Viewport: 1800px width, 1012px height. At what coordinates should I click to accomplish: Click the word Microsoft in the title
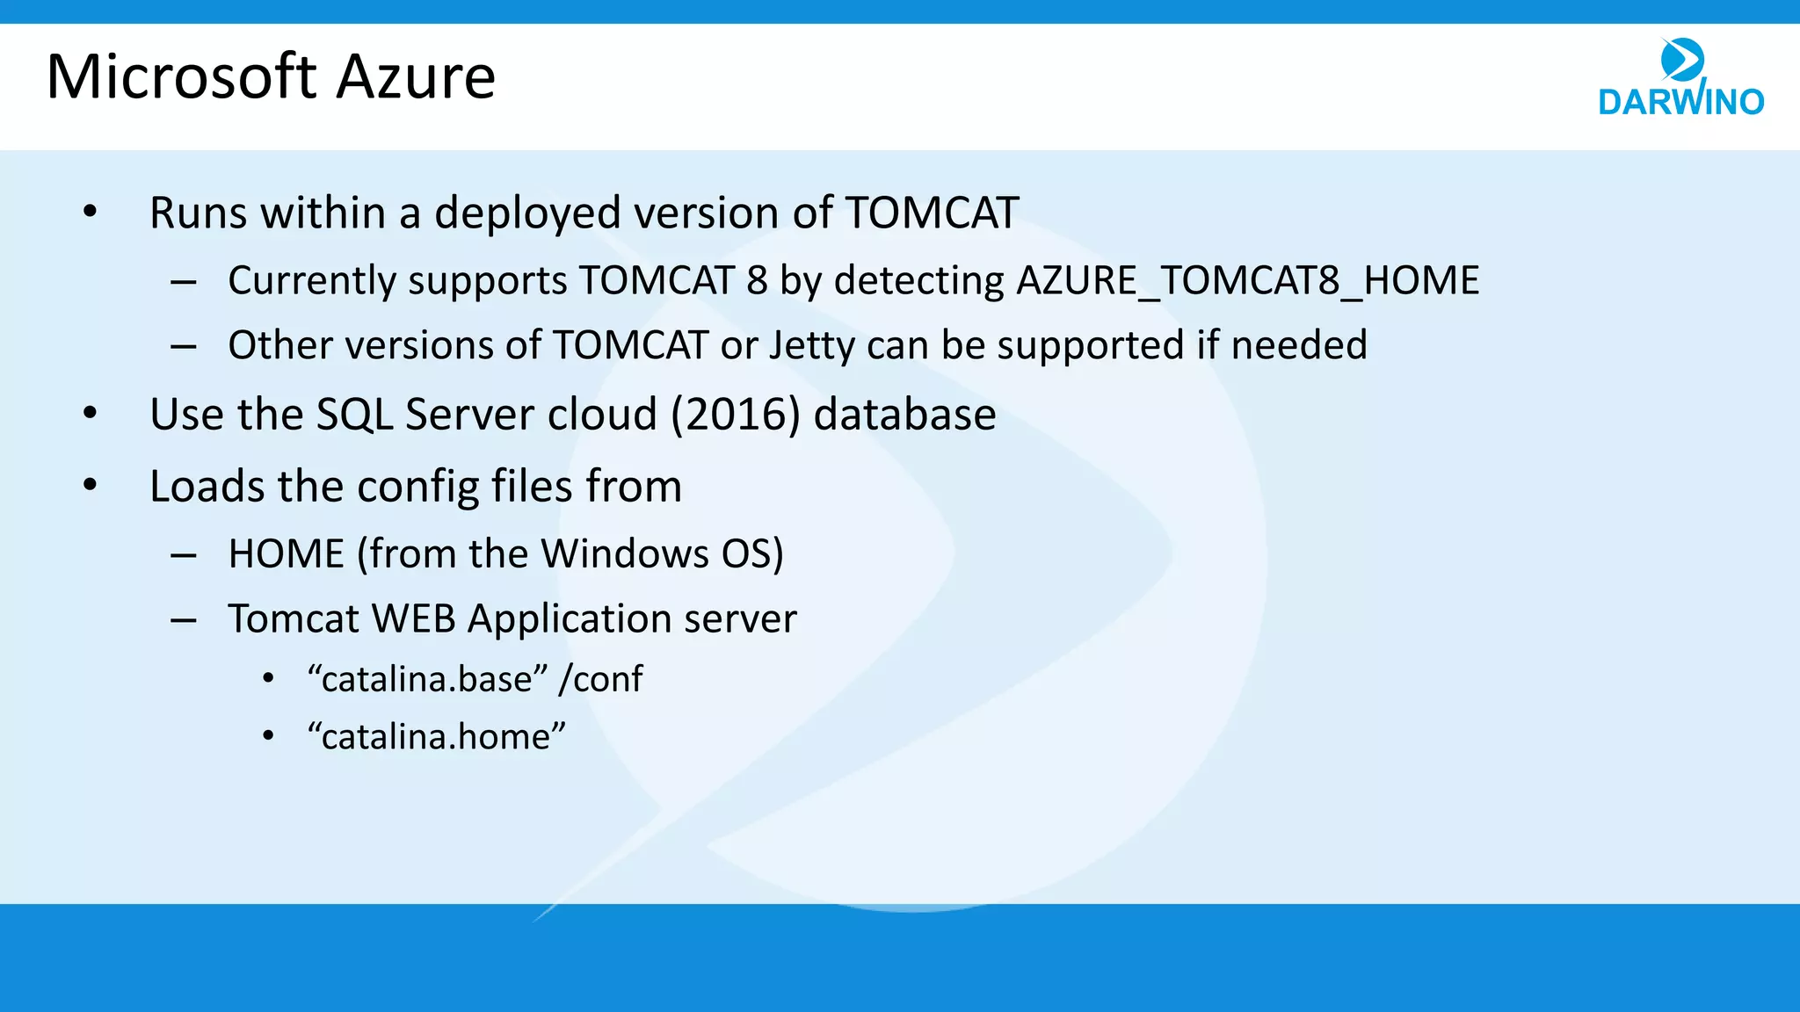[x=181, y=77]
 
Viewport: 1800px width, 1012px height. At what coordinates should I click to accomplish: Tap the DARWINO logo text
[x=1680, y=102]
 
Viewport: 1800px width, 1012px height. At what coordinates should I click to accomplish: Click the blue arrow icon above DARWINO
[x=1682, y=60]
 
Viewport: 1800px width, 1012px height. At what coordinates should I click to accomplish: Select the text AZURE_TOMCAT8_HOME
[x=1247, y=281]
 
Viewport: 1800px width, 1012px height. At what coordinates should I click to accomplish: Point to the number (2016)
[x=736, y=415]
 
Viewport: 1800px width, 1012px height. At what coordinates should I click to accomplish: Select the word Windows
[x=624, y=554]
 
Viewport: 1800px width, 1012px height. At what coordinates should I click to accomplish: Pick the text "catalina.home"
[x=436, y=736]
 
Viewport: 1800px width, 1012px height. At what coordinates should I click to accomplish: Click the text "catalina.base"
[x=428, y=679]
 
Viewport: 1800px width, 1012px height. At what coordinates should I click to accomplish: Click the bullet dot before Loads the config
[x=90, y=486]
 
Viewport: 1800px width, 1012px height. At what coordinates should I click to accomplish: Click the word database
[x=904, y=415]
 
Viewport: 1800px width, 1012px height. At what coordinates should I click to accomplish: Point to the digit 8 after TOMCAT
[x=757, y=281]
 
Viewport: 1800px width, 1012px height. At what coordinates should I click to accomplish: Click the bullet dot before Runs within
[x=90, y=213]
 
